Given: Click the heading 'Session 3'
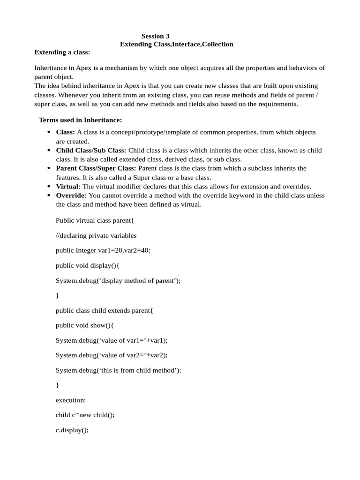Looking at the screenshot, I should coord(155,36).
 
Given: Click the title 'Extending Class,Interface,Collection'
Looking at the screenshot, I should coord(176,44).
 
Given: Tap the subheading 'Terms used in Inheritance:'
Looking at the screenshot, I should coord(80,120).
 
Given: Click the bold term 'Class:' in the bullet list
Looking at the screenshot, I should coord(66,132).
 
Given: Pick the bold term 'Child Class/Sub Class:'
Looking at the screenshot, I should coord(91,150).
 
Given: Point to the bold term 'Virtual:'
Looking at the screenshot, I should coord(68,186).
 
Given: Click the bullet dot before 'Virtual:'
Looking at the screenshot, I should coord(49,186).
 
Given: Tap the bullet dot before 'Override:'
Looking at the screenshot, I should coord(49,195).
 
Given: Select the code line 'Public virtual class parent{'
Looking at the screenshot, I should coord(95,220).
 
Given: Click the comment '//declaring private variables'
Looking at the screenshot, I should coord(96,235).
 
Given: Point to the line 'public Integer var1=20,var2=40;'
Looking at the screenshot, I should coord(103,250).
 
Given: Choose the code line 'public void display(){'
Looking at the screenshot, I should coord(88,265).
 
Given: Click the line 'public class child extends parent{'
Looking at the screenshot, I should coord(104,310).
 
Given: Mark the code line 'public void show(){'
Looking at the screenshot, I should coord(84,325).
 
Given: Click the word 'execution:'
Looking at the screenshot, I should coord(71,400).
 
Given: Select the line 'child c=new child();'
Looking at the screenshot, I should coord(85,415).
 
